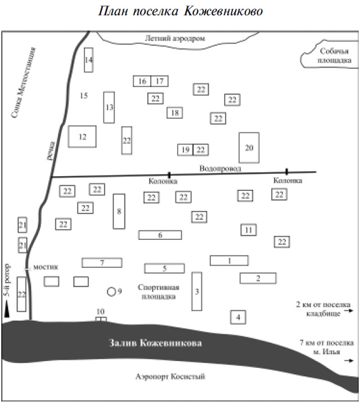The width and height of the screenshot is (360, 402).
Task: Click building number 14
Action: [x=89, y=60]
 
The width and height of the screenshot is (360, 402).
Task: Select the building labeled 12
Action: [x=82, y=136]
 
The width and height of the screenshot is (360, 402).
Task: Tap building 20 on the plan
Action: [x=249, y=148]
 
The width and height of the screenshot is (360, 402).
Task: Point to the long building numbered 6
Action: [x=160, y=235]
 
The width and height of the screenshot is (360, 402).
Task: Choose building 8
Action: [x=119, y=211]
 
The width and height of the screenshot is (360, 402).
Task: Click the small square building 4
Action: [x=238, y=317]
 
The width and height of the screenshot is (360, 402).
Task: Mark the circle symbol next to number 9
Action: [x=111, y=292]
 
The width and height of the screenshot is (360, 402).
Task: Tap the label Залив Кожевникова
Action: [x=155, y=343]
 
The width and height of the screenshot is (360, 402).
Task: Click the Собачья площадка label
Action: [x=334, y=56]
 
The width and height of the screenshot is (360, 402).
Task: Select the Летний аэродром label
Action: [x=175, y=38]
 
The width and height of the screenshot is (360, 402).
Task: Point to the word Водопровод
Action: [x=220, y=168]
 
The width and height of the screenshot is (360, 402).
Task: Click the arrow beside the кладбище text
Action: [x=349, y=311]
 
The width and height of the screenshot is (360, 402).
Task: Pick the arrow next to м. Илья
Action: [x=349, y=360]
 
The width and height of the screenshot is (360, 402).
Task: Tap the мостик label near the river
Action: [x=46, y=267]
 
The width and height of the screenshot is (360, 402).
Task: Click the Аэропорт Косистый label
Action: [x=170, y=377]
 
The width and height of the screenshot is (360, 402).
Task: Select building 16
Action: [x=142, y=81]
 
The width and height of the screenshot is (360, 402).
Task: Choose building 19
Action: [x=185, y=150]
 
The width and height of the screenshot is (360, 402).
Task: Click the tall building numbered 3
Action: [x=197, y=291]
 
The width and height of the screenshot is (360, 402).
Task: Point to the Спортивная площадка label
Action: [x=159, y=292]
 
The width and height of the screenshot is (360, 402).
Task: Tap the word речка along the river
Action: [x=51, y=150]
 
